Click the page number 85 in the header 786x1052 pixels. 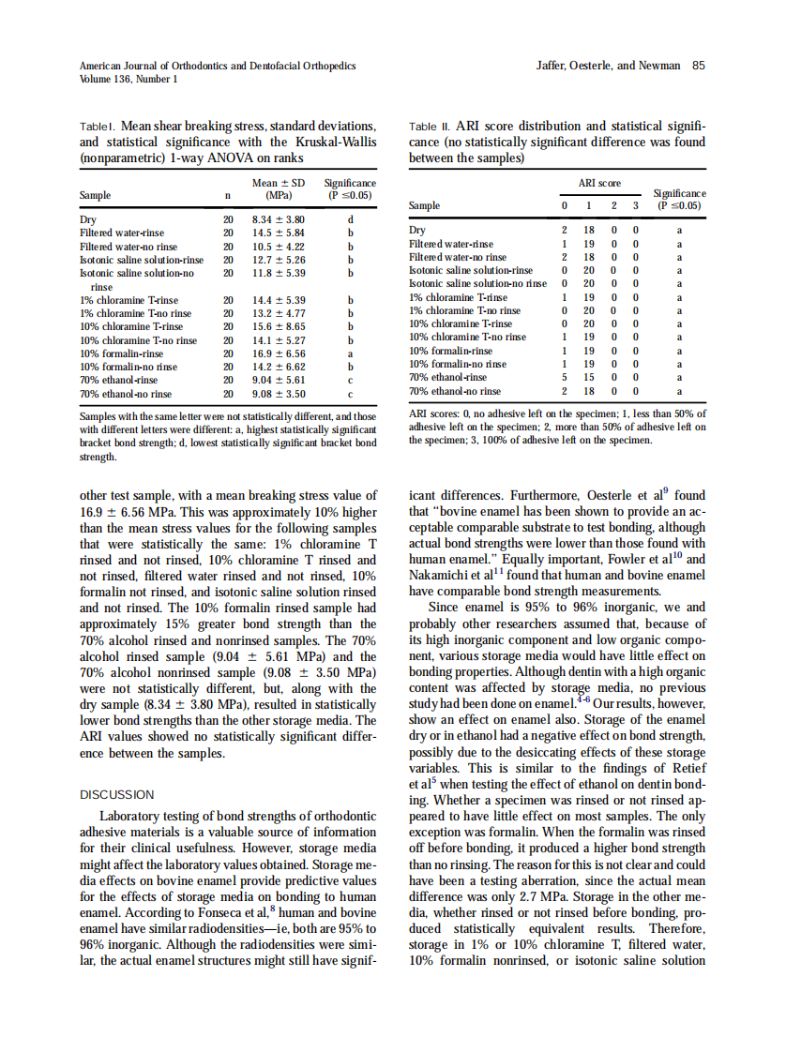pos(699,66)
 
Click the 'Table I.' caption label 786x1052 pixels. pos(97,126)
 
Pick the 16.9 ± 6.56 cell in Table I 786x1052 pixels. pos(279,353)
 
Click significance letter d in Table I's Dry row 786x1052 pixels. pos(349,219)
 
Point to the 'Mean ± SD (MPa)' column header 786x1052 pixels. pos(279,189)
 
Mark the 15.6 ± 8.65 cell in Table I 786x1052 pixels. pos(279,327)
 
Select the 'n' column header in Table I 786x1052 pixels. pos(227,196)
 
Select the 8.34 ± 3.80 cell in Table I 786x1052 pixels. pos(279,219)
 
